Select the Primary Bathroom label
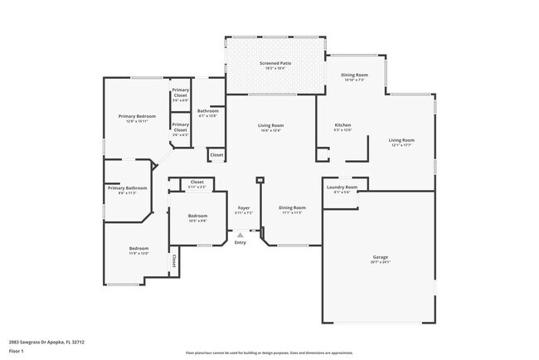pos(127,188)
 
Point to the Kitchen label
pos(342,124)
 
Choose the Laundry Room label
pos(341,187)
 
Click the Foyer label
pos(244,207)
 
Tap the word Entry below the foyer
pos(240,242)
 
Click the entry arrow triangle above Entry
pos(240,235)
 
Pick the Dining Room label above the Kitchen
pos(355,75)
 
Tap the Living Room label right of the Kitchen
pos(402,140)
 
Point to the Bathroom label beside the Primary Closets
pos(208,111)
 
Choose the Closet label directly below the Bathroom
pos(216,154)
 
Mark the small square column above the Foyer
pos(260,178)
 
